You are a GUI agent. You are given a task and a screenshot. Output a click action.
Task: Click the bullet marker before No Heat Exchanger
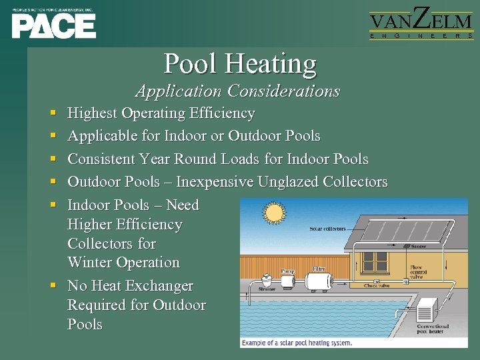coord(53,286)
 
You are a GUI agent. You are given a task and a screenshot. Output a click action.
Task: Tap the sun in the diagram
coord(274,213)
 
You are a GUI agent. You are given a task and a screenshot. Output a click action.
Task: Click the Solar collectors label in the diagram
coord(327,229)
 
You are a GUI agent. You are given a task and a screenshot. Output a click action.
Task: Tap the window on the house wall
coord(374,261)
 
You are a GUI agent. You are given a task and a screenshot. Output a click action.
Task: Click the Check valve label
coord(377,285)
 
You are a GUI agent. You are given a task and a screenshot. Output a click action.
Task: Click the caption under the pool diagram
coord(297,343)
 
